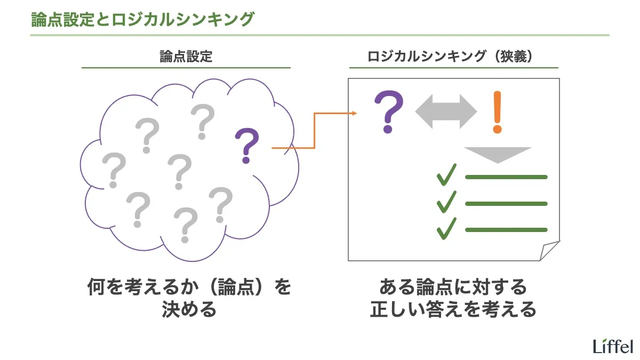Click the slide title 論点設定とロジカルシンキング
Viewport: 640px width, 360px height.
(x=141, y=19)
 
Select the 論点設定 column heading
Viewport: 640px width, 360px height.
(x=186, y=57)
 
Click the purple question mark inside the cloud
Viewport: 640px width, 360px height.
(x=246, y=145)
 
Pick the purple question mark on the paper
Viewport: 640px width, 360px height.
(x=389, y=112)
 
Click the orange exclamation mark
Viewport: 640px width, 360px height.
(x=497, y=112)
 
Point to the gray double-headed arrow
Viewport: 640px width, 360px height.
(x=446, y=112)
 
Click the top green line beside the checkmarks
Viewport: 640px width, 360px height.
(x=506, y=177)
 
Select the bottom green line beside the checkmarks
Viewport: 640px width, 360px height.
(x=506, y=230)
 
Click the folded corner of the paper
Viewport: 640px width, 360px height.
(x=549, y=251)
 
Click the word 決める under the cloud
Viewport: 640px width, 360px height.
(x=189, y=309)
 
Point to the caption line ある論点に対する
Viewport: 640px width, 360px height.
(x=453, y=287)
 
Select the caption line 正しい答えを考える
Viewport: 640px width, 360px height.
(x=453, y=309)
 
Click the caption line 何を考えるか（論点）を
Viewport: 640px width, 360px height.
(x=189, y=287)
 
